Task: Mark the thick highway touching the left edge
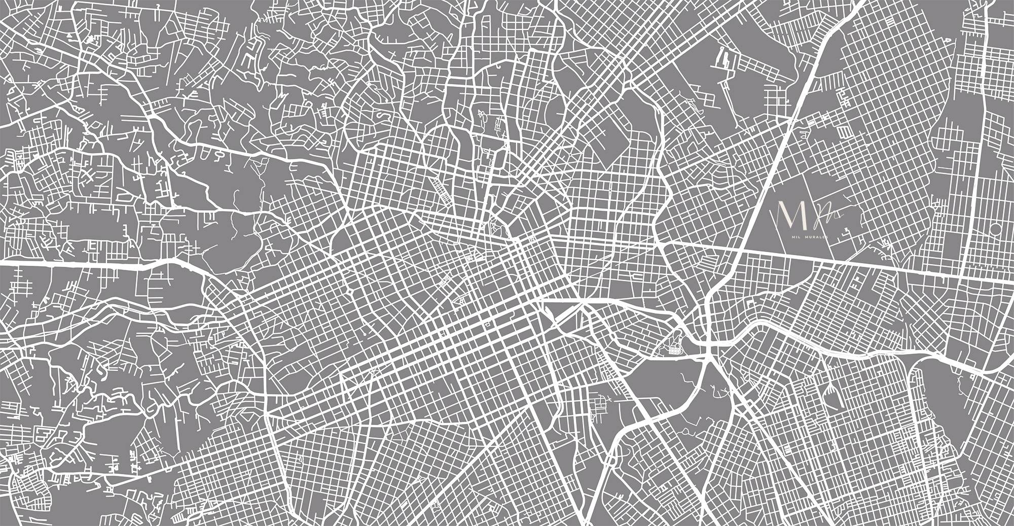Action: pos(76,264)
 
